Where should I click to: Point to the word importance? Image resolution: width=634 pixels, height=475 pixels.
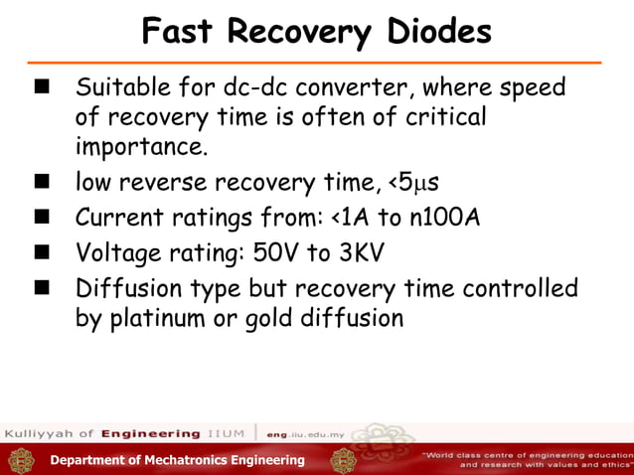coord(142,149)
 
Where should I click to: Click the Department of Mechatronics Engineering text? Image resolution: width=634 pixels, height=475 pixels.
coord(178,460)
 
